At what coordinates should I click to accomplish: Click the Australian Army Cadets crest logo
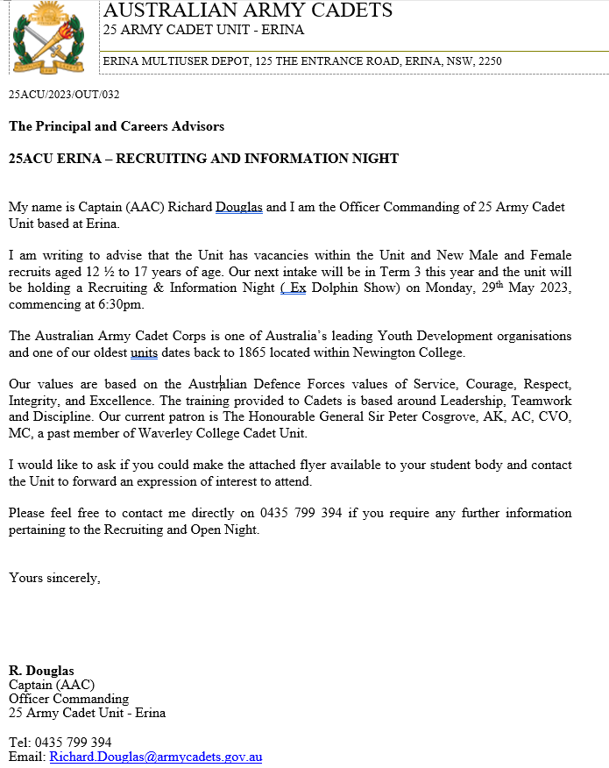click(x=49, y=37)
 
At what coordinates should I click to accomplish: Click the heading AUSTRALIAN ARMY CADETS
click(x=248, y=11)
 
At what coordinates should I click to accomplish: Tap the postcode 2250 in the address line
click(x=491, y=61)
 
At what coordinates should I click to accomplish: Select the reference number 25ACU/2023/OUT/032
click(x=64, y=94)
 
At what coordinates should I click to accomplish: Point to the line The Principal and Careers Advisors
click(x=117, y=126)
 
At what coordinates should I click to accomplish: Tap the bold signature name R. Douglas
click(x=41, y=672)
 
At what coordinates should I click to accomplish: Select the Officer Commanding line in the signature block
click(x=68, y=699)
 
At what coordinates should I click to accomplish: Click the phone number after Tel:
click(x=72, y=743)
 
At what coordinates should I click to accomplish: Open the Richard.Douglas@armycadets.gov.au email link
click(x=156, y=757)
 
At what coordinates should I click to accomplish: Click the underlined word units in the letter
click(x=145, y=353)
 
